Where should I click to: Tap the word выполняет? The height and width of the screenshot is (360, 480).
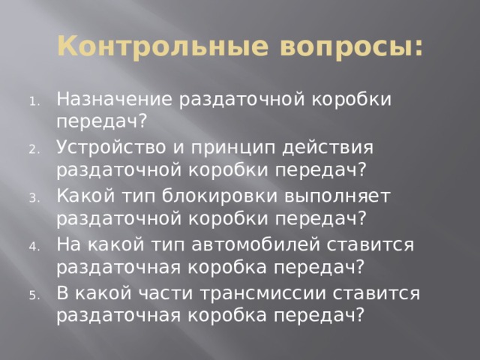coord(335,196)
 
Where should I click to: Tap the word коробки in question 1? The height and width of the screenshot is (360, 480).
coord(349,98)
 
